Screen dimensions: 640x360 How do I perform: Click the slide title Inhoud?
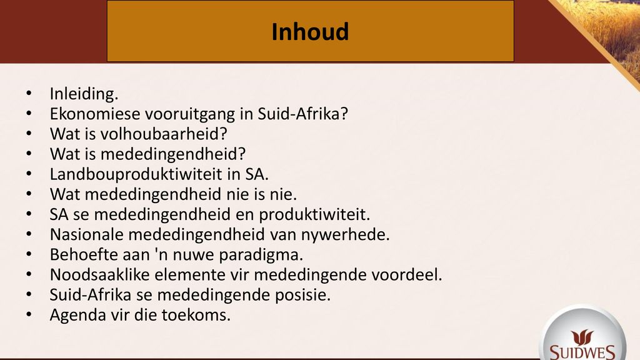pyautogui.click(x=310, y=32)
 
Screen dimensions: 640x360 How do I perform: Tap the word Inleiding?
pyautogui.click(x=84, y=94)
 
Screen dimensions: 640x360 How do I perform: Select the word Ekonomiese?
pyautogui.click(x=95, y=114)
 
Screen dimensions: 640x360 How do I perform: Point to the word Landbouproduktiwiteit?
pyautogui.click(x=137, y=174)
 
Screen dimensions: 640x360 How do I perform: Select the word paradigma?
pyautogui.click(x=261, y=255)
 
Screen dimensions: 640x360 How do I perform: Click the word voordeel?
pyautogui.click(x=407, y=275)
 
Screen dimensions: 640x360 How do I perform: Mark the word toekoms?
pyautogui.click(x=196, y=315)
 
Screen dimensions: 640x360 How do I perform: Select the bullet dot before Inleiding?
pyautogui.click(x=29, y=94)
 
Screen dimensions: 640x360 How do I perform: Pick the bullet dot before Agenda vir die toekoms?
pyautogui.click(x=29, y=315)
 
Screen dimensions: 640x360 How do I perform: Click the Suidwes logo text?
pyautogui.click(x=582, y=352)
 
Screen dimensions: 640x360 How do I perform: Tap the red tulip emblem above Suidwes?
pyautogui.click(x=582, y=337)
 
